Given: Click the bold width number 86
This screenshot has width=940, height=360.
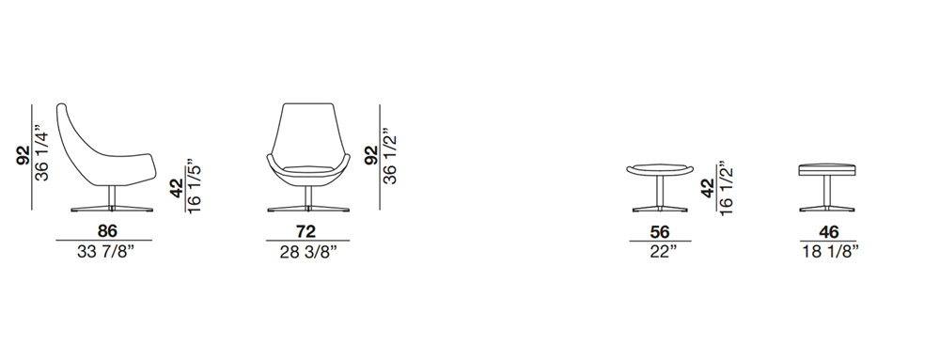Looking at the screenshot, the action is [107, 230].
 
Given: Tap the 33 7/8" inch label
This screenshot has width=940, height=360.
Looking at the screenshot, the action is [105, 252].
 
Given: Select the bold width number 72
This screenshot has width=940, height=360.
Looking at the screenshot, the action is [305, 230].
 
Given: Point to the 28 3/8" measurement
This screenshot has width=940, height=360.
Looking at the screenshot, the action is [308, 252].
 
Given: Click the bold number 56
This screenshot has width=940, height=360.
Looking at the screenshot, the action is [660, 232].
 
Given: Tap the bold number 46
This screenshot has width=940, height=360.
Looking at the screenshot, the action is [828, 232].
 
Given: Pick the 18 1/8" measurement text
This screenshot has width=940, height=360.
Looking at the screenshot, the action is [830, 252].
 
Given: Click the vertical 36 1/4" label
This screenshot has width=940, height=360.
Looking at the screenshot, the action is [42, 153].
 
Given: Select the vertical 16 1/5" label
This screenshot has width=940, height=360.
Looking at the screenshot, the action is [194, 186].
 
